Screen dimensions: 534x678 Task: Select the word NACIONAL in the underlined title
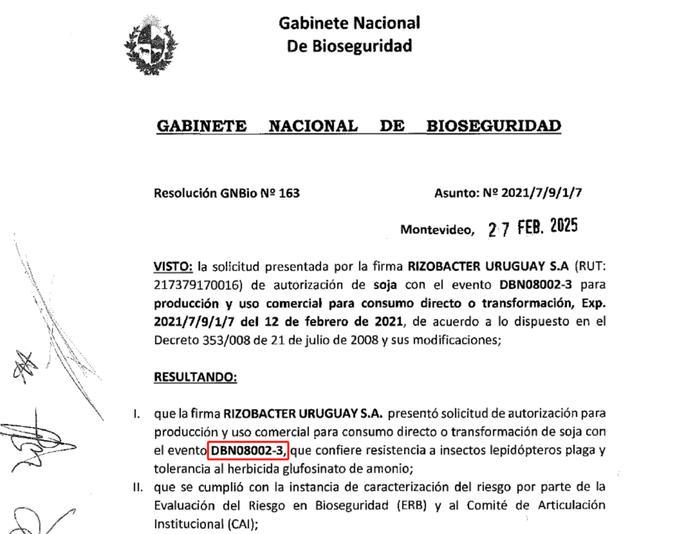point(313,126)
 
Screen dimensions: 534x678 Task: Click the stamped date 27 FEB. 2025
point(532,227)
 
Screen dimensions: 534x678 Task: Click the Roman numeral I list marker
point(135,414)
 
